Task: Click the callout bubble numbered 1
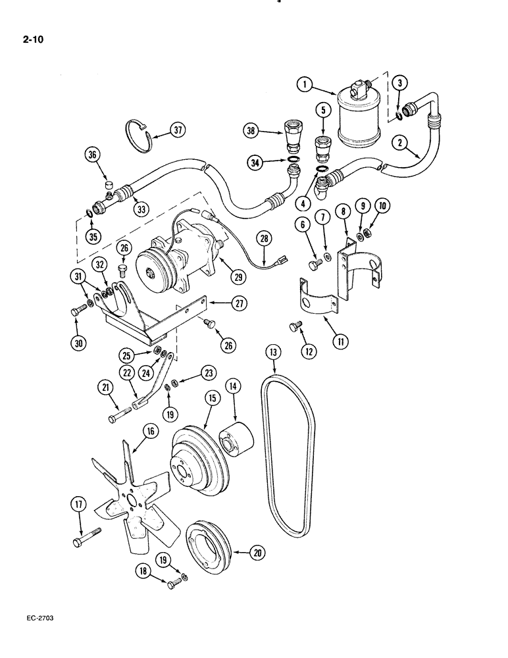[303, 84]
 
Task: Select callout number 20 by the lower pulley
[258, 553]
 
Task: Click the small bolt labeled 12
[295, 326]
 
